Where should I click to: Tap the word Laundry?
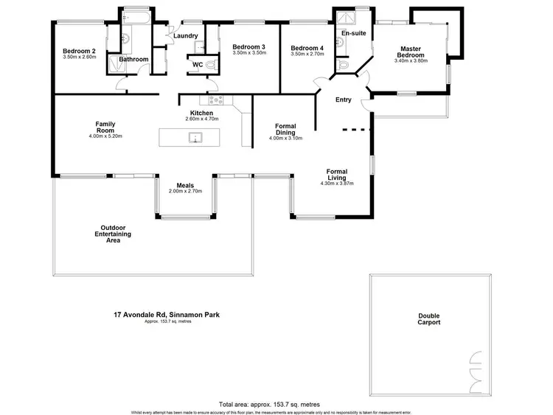click(x=184, y=36)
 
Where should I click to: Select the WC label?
click(x=198, y=65)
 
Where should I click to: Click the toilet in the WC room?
click(x=212, y=66)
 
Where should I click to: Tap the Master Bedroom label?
click(x=411, y=52)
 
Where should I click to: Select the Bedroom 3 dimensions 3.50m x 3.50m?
click(x=248, y=53)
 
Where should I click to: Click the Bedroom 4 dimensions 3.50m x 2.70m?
click(x=307, y=53)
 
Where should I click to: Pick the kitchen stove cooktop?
click(x=217, y=100)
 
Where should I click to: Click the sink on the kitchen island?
click(x=195, y=137)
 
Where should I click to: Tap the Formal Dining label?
click(x=285, y=129)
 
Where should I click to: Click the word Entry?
click(x=343, y=100)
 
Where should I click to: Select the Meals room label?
click(x=185, y=186)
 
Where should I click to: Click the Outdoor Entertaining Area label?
click(x=116, y=234)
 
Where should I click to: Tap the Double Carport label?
click(x=429, y=318)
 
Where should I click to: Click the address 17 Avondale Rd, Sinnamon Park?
click(x=161, y=315)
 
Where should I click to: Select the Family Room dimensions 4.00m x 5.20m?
click(x=105, y=136)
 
